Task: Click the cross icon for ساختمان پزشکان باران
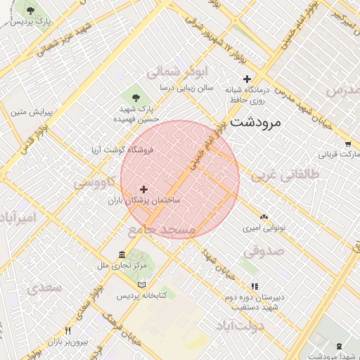144,189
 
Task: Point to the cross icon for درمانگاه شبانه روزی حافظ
245,79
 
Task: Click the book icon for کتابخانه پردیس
142,285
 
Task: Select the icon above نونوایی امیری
264,217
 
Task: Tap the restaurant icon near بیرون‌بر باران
67,330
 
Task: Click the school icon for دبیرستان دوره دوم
255,286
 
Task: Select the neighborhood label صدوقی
264,250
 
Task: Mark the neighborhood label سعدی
44,288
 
